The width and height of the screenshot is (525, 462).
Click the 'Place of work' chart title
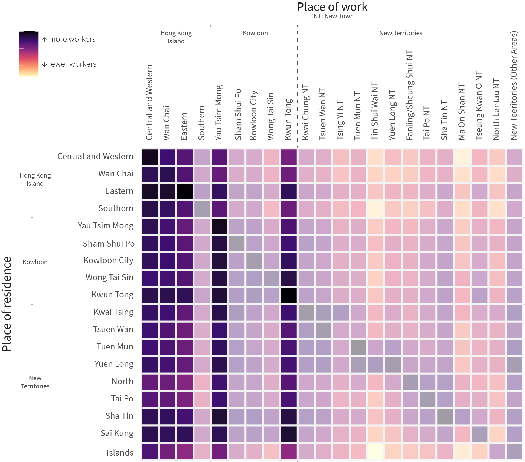pyautogui.click(x=332, y=7)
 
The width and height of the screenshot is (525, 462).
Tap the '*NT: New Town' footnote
pyautogui.click(x=332, y=16)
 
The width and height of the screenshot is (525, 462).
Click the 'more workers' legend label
pyautogui.click(x=72, y=39)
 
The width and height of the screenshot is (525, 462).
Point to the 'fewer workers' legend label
pyautogui.click(x=72, y=64)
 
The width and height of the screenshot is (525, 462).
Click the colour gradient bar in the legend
pyautogui.click(x=29, y=54)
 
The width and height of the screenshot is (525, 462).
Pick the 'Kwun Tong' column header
pyautogui.click(x=289, y=119)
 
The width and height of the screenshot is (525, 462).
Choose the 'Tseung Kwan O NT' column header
pyautogui.click(x=479, y=106)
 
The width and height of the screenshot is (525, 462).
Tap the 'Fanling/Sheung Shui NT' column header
pyautogui.click(x=410, y=95)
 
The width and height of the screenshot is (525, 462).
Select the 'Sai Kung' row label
pyautogui.click(x=117, y=433)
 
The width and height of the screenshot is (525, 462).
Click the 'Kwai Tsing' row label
pyautogui.click(x=113, y=312)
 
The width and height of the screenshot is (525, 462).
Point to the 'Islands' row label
pyautogui.click(x=120, y=453)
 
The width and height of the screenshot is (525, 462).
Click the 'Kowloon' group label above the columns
pyautogui.click(x=255, y=33)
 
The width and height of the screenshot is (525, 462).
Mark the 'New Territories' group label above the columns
pyautogui.click(x=401, y=33)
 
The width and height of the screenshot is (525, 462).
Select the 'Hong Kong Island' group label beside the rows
pyautogui.click(x=35, y=179)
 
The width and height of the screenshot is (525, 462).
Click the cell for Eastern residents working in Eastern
pyautogui.click(x=185, y=192)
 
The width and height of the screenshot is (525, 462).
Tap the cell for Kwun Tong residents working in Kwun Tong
pyautogui.click(x=289, y=296)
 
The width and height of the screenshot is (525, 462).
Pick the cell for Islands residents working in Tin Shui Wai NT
pyautogui.click(x=375, y=451)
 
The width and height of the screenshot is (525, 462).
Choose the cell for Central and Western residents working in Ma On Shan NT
pyautogui.click(x=462, y=157)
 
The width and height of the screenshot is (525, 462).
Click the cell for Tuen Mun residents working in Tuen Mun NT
pyautogui.click(x=358, y=348)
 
